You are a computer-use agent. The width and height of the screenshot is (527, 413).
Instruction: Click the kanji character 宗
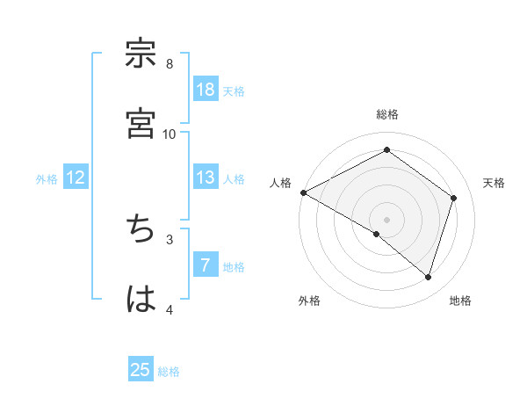(141, 54)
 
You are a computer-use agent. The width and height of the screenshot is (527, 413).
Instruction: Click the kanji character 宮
(141, 124)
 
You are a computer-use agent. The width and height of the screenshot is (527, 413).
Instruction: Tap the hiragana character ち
(141, 229)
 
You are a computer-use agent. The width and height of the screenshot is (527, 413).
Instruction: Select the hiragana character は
(141, 300)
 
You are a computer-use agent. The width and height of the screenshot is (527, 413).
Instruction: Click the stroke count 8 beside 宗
(170, 63)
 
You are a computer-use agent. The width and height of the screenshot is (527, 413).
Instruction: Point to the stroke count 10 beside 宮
(170, 134)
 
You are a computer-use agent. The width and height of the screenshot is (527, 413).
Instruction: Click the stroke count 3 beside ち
(170, 239)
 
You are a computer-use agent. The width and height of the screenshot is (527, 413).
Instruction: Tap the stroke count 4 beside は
(170, 309)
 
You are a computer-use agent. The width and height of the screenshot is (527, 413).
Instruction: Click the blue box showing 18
(206, 90)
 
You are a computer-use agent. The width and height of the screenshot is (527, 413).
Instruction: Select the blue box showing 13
(206, 178)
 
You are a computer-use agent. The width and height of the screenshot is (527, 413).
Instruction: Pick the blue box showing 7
(206, 265)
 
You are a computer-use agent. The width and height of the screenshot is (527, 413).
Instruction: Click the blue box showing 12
(76, 178)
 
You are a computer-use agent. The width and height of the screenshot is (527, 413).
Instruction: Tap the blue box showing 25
(141, 370)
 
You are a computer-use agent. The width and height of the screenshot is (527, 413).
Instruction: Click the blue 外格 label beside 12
(47, 179)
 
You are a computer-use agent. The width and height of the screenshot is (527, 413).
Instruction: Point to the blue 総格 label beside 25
(169, 372)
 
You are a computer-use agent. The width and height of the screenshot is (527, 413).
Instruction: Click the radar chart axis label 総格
(387, 114)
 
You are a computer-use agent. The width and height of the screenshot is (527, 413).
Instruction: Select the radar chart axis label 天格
(495, 183)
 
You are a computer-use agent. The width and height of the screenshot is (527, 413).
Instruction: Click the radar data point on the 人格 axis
(303, 192)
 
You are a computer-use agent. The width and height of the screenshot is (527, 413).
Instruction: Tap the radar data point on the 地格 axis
(429, 278)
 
